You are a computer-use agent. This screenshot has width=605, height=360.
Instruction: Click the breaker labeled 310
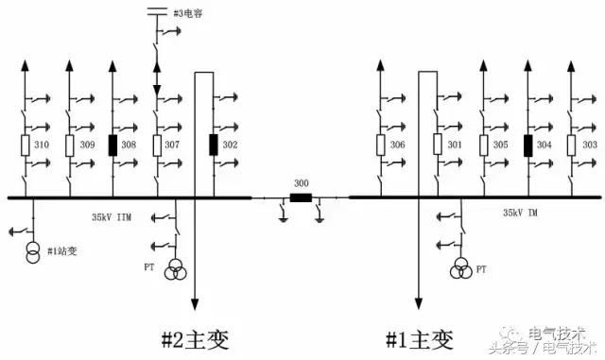click(26, 146)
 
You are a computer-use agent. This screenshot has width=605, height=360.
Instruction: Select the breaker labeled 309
click(70, 146)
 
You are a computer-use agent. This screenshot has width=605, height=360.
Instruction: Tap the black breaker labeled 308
click(113, 146)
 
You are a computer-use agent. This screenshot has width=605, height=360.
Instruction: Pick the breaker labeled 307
click(157, 146)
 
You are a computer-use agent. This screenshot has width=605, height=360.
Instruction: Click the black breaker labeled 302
click(214, 145)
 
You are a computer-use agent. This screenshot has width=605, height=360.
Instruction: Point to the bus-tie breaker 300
click(302, 198)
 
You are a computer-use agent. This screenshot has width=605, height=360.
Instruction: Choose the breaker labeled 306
click(380, 145)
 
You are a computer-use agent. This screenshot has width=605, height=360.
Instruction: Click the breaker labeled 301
click(439, 145)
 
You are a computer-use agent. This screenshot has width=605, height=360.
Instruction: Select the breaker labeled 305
click(484, 145)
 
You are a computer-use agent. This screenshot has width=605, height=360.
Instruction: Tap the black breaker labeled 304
click(527, 145)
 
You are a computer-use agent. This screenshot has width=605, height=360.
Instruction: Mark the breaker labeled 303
click(571, 145)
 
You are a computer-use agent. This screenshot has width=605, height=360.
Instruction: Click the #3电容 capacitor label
click(194, 12)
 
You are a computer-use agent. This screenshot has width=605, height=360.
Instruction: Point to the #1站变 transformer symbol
click(32, 256)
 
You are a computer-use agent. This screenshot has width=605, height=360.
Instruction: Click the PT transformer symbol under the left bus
click(176, 269)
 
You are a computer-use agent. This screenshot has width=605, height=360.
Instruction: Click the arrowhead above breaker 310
click(26, 66)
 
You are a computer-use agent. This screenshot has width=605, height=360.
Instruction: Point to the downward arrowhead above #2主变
click(196, 304)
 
